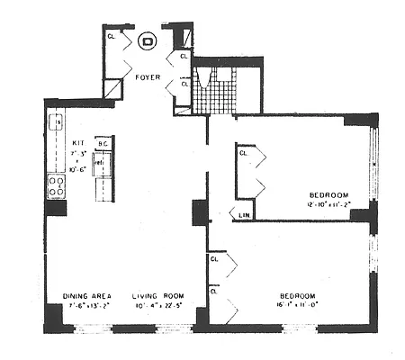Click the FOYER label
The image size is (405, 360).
coord(148,78)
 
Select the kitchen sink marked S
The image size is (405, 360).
coord(56,121)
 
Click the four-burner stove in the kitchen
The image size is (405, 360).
coord(56,188)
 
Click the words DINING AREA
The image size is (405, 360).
coord(87,296)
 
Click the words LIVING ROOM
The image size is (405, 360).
coord(157,296)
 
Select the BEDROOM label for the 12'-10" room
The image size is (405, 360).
coord(329,194)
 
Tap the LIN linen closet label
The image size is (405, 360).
coord(244,215)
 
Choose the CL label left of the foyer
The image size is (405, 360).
coord(112,37)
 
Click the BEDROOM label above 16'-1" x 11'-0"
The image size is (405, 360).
coord(295,296)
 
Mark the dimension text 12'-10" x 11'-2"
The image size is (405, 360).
coord(329,204)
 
